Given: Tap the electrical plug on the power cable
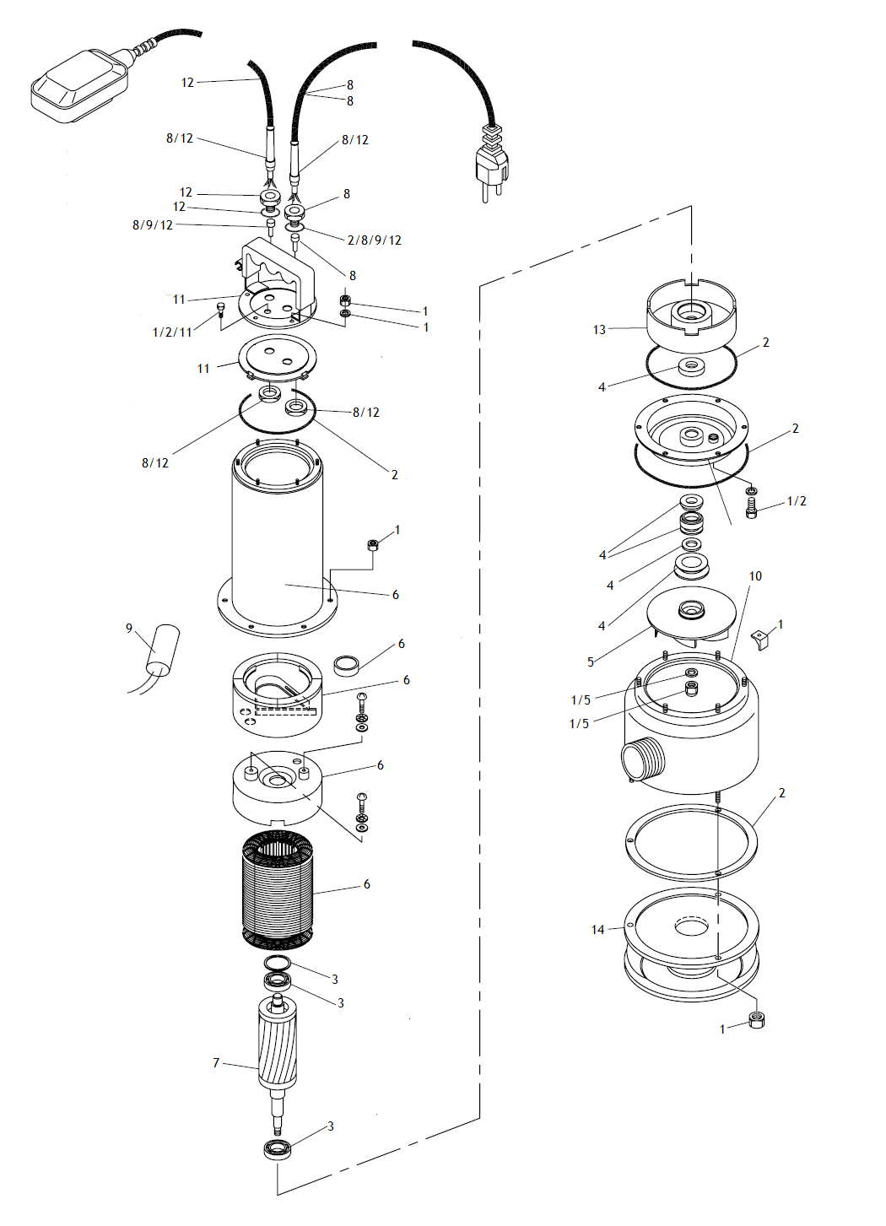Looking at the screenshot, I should coord(493,164).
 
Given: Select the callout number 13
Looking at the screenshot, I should coord(599,330).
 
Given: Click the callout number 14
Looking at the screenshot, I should coord(597,930).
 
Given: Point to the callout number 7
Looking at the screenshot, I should coord(216,1063).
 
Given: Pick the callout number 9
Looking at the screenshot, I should coord(129,629).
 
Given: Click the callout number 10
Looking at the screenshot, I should coord(755,576).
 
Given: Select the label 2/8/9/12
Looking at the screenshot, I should coord(375,240).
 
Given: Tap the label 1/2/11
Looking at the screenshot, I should coord(172,332).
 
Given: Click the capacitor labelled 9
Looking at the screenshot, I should coord(163,650).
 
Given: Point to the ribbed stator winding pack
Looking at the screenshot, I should coord(278,888).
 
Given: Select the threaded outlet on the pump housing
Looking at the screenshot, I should coord(643,759).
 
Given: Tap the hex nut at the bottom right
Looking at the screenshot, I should coord(756,1020).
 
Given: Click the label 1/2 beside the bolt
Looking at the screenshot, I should coord(797,501).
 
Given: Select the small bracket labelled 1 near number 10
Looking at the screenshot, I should coord(763,639).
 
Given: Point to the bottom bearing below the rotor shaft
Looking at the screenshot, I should coord(277,1149).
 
